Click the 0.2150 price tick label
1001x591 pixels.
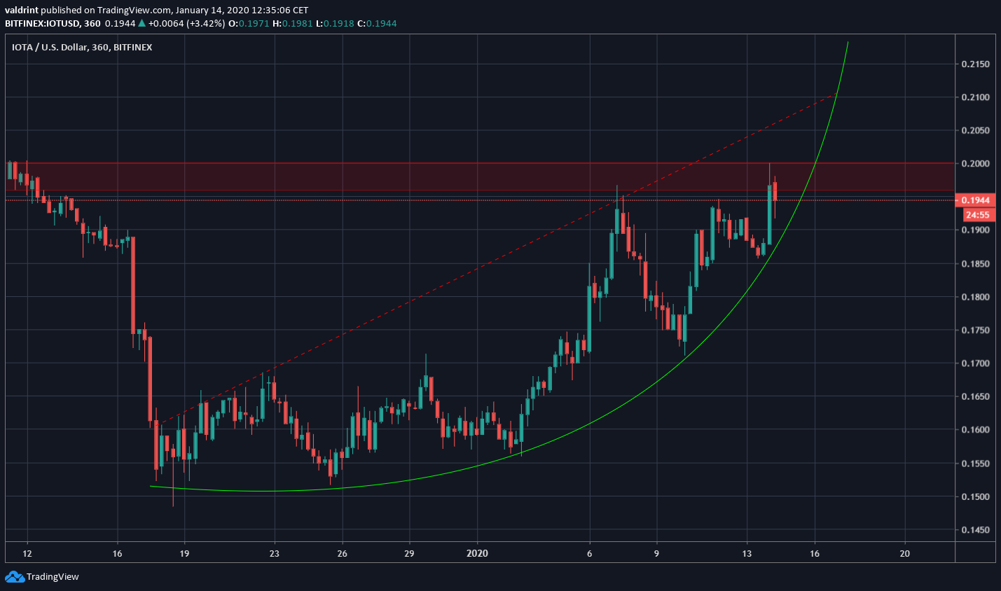pyautogui.click(x=975, y=64)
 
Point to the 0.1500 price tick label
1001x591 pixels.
pyautogui.click(x=975, y=497)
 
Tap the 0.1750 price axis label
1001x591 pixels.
pyautogui.click(x=975, y=331)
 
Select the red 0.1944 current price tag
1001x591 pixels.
pyautogui.click(x=975, y=200)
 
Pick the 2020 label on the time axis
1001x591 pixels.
pyautogui.click(x=477, y=554)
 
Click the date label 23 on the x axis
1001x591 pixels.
pyautogui.click(x=274, y=554)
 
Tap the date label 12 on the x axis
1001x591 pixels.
pyautogui.click(x=27, y=554)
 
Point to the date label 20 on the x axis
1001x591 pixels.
pyautogui.click(x=905, y=554)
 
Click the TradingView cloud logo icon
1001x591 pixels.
pyautogui.click(x=14, y=577)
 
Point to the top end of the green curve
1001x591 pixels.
pyautogui.click(x=848, y=43)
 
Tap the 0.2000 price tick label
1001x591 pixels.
pyautogui.click(x=975, y=164)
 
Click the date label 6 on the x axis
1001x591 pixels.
pyautogui.click(x=590, y=554)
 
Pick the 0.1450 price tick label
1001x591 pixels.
pyautogui.click(x=975, y=530)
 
